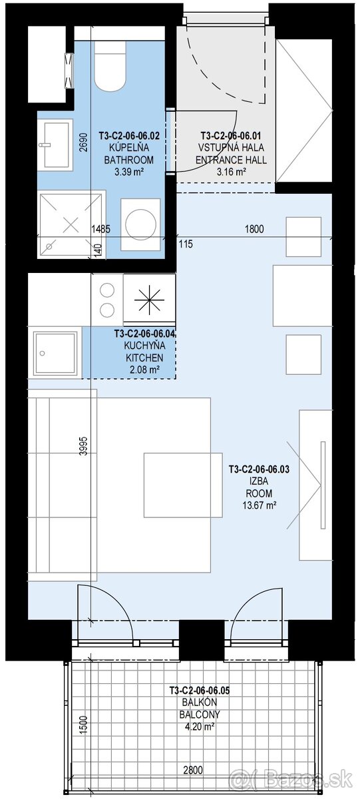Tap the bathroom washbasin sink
(x=55, y=145)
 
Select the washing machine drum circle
(x=142, y=224)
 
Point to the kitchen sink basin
(x=55, y=353)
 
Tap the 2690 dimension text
(x=83, y=142)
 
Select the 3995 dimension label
(x=83, y=446)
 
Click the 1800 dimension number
(x=254, y=228)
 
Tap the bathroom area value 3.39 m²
(x=128, y=172)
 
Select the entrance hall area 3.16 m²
(x=232, y=172)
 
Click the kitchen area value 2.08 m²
(x=144, y=370)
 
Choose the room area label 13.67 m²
(x=260, y=505)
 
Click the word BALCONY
(x=200, y=714)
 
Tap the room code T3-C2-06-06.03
(x=259, y=469)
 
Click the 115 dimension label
(x=186, y=244)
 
